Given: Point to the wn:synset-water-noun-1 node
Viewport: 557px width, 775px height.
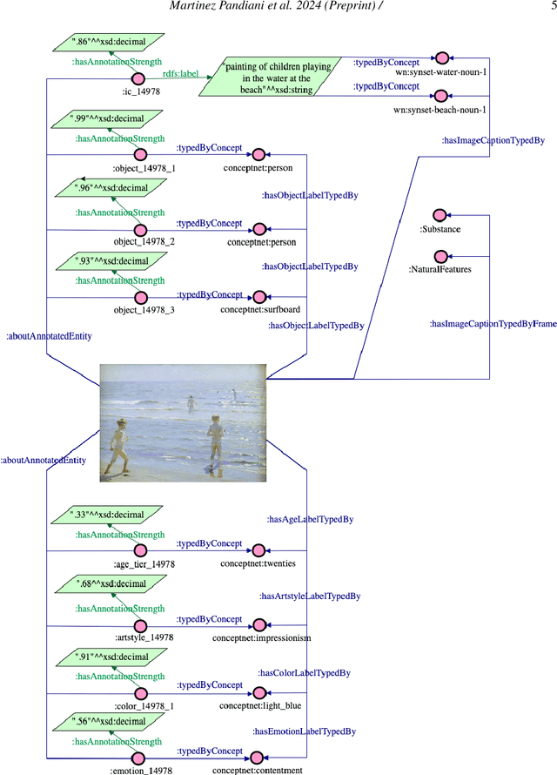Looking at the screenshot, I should click(441, 51).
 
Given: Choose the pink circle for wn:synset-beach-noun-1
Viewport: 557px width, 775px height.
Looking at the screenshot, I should click(441, 95).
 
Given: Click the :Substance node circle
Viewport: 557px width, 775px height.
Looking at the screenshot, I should click(440, 215).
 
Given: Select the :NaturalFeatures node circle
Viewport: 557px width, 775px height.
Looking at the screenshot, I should click(440, 256).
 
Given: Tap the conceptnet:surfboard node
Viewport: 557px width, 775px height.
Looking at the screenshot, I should click(258, 298).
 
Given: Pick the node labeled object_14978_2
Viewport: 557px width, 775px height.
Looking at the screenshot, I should click(138, 230).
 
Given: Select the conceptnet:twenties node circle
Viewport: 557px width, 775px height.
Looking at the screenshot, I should click(258, 550).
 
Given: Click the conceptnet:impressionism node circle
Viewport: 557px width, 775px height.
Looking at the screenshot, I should click(258, 624).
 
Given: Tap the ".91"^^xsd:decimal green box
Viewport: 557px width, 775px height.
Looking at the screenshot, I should click(107, 658).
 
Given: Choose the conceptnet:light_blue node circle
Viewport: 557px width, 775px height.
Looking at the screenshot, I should click(258, 693).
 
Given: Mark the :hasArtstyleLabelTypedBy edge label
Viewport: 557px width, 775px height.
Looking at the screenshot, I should click(311, 596).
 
